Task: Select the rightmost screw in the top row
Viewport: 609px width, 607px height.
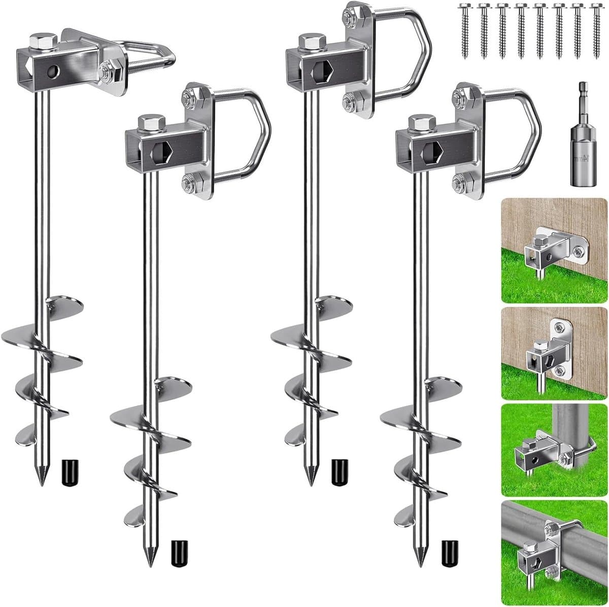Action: (x=596, y=31)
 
